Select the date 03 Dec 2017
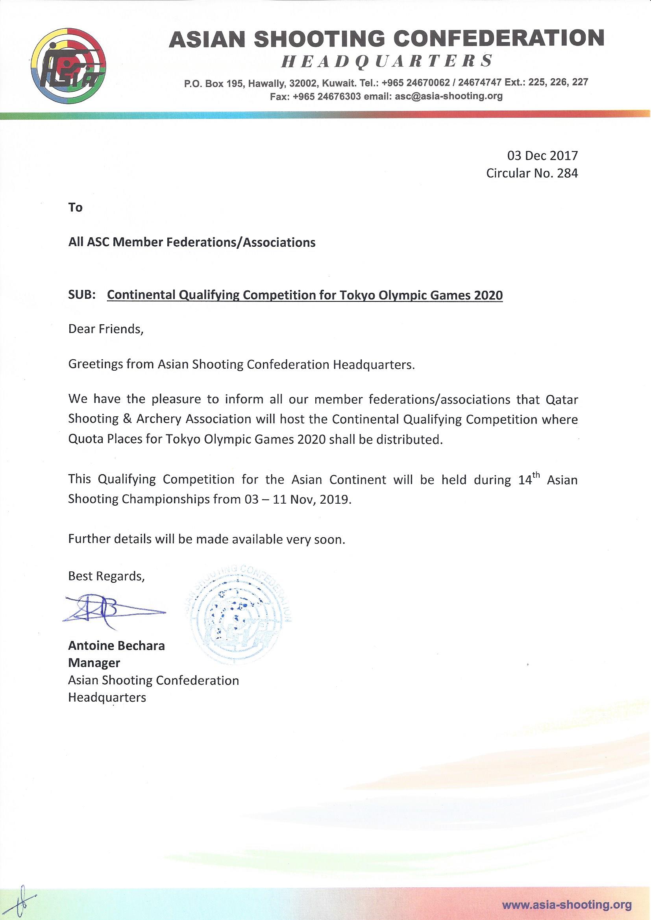tap(542, 155)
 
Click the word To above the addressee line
tap(75, 207)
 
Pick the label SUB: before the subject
tap(82, 295)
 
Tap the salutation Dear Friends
tap(105, 329)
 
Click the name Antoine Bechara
tap(116, 646)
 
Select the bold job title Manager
tap(94, 663)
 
